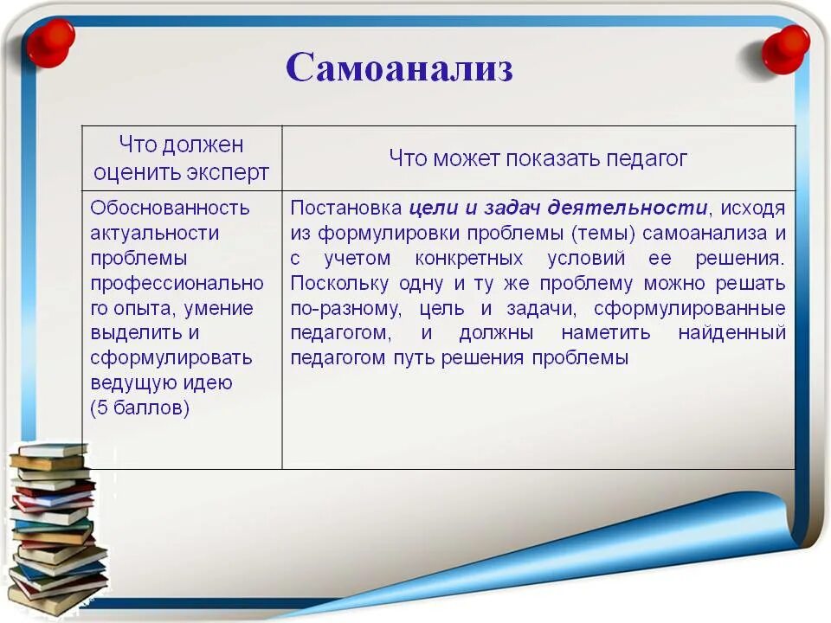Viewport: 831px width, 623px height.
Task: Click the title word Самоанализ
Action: click(399, 67)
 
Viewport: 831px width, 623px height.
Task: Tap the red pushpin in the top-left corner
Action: click(50, 41)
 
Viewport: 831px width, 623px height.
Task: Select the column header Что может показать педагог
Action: click(538, 157)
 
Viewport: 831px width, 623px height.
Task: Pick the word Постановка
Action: click(346, 208)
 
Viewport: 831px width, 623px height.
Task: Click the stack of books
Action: click(54, 528)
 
